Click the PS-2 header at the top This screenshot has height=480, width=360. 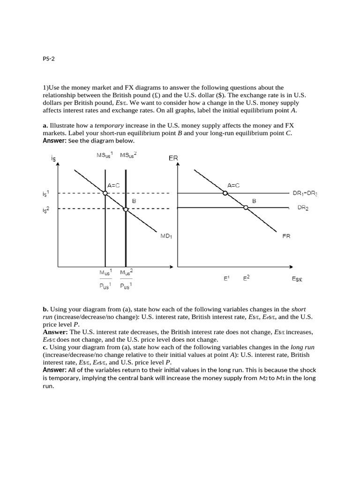(49, 59)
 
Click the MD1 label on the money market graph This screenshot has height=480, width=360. (166, 236)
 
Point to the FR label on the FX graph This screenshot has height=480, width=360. (286, 236)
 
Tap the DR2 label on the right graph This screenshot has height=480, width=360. (303, 208)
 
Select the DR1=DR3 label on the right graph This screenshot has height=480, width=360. (305, 193)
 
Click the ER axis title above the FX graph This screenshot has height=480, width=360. (173, 158)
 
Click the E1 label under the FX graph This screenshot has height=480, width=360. (226, 278)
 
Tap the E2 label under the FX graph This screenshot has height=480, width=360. (246, 278)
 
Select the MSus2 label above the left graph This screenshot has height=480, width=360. (128, 156)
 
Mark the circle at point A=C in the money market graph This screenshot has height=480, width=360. (105, 193)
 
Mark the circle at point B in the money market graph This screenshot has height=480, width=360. (125, 209)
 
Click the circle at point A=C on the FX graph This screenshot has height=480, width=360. (225, 193)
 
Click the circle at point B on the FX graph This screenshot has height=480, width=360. (246, 207)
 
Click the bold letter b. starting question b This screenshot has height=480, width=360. (45, 309)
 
